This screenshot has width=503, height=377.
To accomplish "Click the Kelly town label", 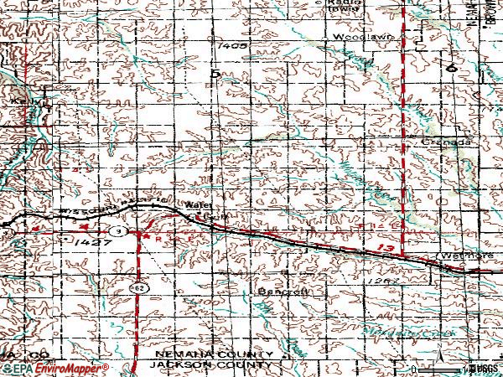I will pos(22,101).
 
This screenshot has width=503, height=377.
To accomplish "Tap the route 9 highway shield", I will pos(122,230).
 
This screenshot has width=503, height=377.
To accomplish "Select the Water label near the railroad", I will pos(195,205).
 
